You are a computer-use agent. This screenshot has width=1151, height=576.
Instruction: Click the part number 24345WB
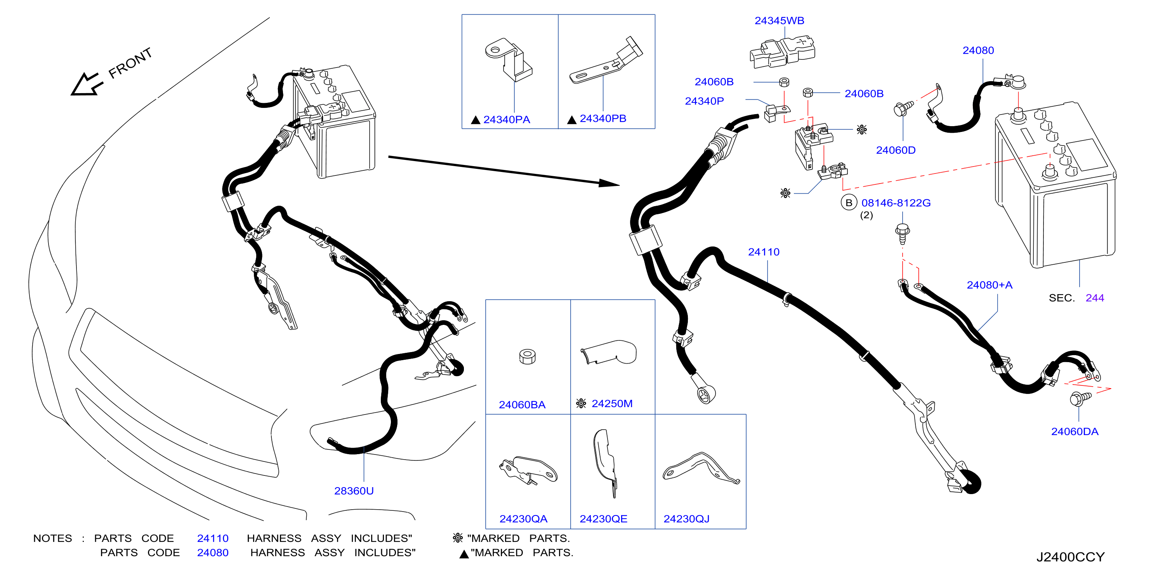(779, 21)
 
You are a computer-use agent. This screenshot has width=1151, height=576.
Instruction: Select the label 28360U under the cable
(354, 491)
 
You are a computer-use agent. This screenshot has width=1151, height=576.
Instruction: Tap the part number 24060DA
(1075, 431)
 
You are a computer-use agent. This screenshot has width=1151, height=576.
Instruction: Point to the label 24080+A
(989, 285)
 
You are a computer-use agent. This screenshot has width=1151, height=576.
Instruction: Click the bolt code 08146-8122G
(896, 203)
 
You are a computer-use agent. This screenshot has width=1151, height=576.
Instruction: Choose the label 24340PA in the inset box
(507, 119)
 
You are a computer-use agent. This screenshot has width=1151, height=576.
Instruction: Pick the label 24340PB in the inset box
(603, 118)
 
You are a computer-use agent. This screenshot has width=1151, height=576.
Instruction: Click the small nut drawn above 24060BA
(527, 356)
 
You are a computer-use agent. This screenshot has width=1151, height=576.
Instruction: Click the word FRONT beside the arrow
(130, 63)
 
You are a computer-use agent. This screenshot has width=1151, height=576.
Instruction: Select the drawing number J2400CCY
(1071, 557)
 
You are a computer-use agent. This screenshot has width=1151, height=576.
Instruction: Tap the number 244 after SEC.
(1095, 298)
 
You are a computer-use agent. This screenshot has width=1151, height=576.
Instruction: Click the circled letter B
(849, 203)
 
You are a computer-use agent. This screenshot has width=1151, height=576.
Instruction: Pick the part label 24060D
(896, 150)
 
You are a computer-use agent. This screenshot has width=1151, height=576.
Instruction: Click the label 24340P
(704, 101)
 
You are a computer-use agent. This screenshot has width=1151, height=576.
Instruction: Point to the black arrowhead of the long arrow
(609, 183)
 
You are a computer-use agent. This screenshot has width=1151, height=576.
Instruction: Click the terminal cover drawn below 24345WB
(782, 53)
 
